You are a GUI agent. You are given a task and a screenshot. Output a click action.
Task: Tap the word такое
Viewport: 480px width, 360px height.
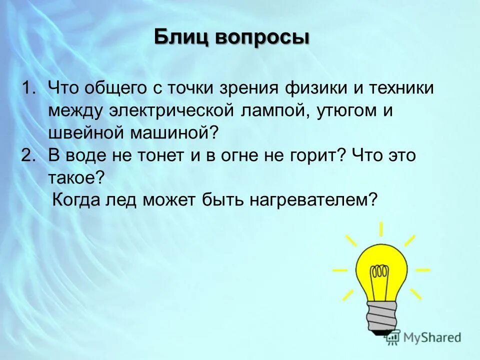[76, 178]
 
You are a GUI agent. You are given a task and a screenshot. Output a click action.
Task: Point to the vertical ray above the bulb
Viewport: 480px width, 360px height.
[381, 229]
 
